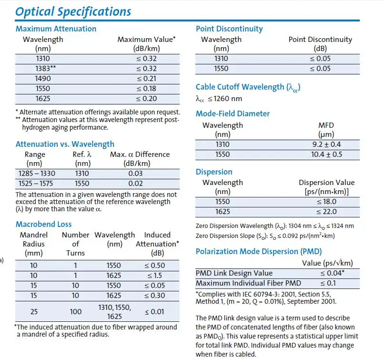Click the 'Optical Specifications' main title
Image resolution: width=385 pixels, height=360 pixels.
point(73,11)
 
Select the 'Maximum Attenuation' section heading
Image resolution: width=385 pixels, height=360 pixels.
point(56,29)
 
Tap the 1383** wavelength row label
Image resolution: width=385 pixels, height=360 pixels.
point(46,68)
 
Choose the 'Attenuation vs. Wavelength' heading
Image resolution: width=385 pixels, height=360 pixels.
point(65,144)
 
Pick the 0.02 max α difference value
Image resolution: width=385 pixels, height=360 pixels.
point(135,183)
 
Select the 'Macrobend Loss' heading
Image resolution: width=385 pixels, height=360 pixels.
point(44,224)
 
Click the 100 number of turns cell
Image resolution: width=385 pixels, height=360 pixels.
point(75,311)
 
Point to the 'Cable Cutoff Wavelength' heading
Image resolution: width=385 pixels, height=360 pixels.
point(248,87)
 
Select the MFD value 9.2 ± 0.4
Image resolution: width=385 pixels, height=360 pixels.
point(326,144)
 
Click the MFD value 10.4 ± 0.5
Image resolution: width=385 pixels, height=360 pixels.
point(326,154)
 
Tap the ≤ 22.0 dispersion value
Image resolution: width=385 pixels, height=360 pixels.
point(326,212)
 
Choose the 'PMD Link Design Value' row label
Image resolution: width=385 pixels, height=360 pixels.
point(234,273)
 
